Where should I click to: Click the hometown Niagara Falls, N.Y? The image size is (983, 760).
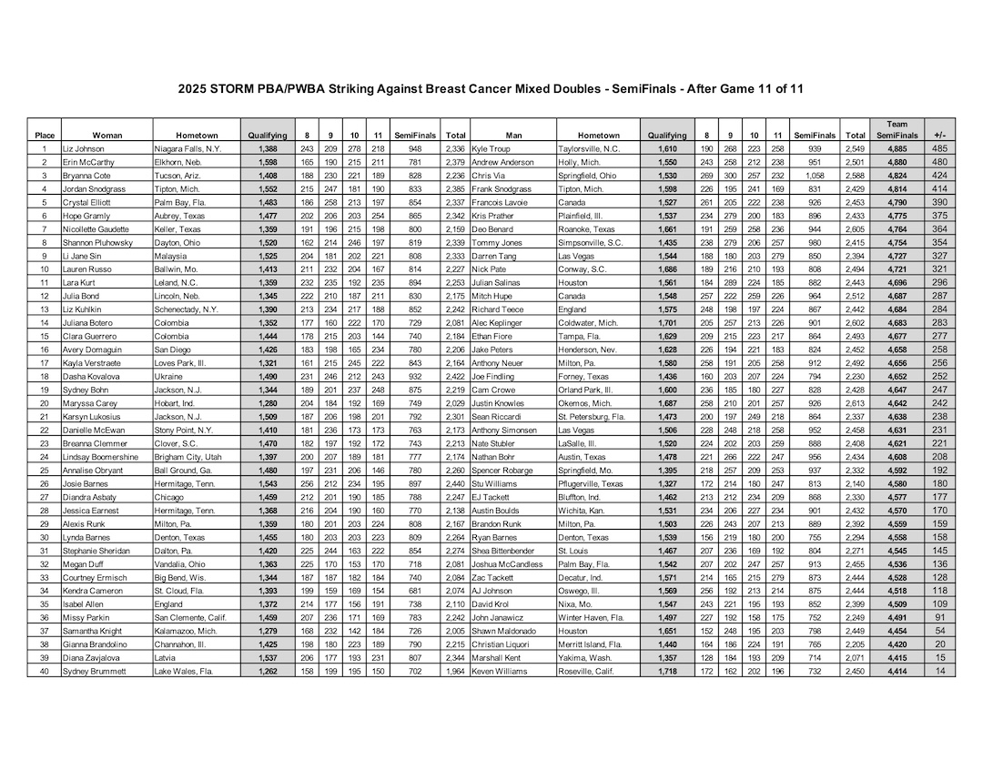coord(186,147)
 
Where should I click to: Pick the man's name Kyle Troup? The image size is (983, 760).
coord(492,147)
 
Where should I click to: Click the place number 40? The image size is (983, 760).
coord(43,671)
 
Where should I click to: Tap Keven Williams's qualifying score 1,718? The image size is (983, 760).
coord(667,671)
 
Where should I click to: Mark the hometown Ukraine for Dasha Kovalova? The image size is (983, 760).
coord(169,375)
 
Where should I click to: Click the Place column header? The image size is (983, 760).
coord(44,135)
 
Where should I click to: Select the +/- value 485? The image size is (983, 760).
coord(938,147)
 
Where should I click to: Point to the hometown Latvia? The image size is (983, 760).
coord(166,657)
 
